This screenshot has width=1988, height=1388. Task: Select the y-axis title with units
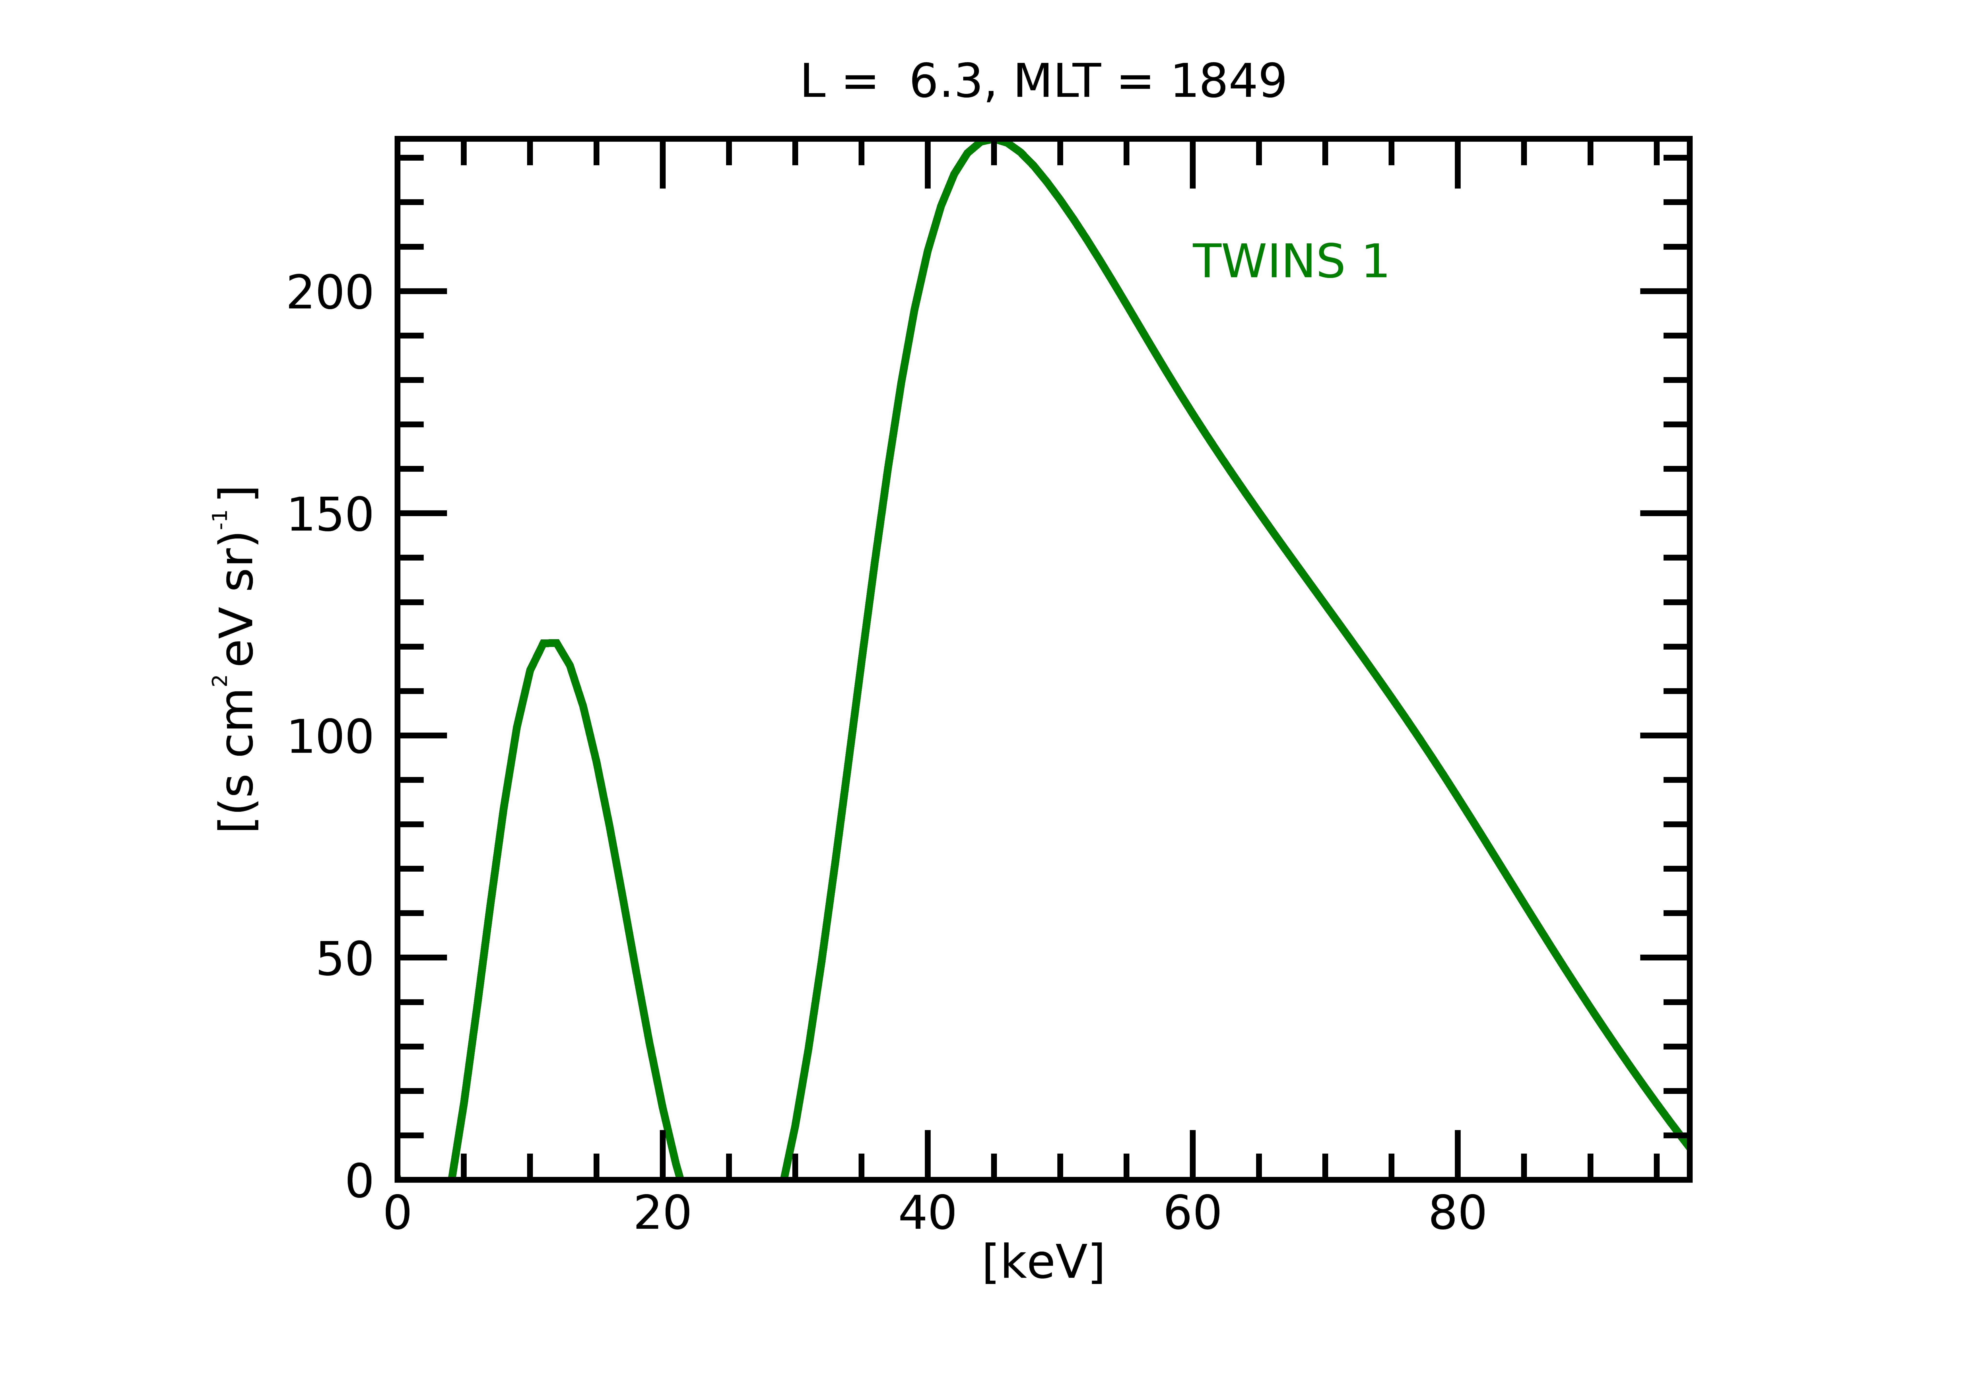[235, 660]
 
